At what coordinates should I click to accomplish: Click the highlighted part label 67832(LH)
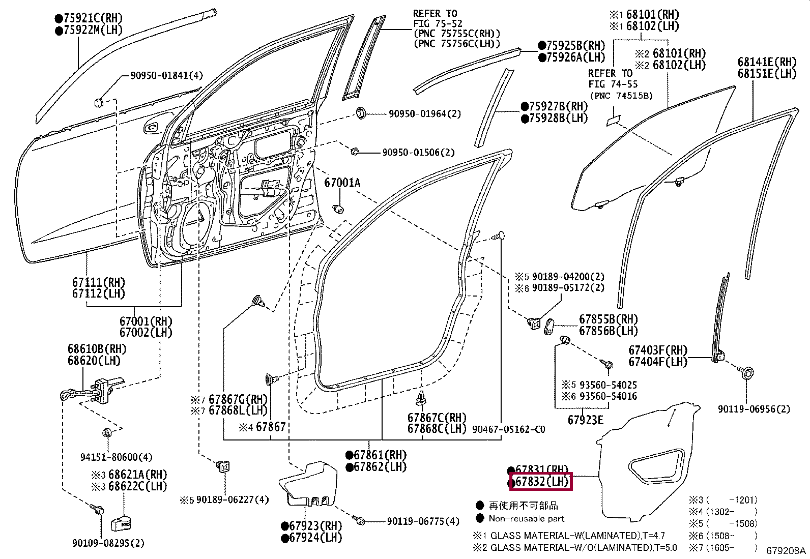pyautogui.click(x=541, y=482)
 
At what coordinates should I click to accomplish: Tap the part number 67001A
pyautogui.click(x=342, y=183)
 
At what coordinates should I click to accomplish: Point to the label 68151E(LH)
pyautogui.click(x=767, y=74)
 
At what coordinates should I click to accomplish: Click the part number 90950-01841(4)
pyautogui.click(x=167, y=76)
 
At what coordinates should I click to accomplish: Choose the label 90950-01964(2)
pyautogui.click(x=425, y=114)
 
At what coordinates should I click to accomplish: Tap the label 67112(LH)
pyautogui.click(x=98, y=293)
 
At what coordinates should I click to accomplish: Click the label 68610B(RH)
pyautogui.click(x=97, y=349)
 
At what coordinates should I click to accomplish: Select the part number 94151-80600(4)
pyautogui.click(x=117, y=457)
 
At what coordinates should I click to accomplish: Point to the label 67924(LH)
pyautogui.click(x=312, y=538)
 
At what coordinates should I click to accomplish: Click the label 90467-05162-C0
pyautogui.click(x=509, y=429)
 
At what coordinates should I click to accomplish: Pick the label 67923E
pyautogui.click(x=586, y=420)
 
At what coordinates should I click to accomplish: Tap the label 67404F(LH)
pyautogui.click(x=658, y=362)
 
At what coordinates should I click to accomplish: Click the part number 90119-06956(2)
pyautogui.click(x=754, y=409)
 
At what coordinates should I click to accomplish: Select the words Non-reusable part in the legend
pyautogui.click(x=527, y=518)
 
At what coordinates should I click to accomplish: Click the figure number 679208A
pyautogui.click(x=786, y=551)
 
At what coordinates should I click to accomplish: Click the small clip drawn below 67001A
pyautogui.click(x=338, y=209)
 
